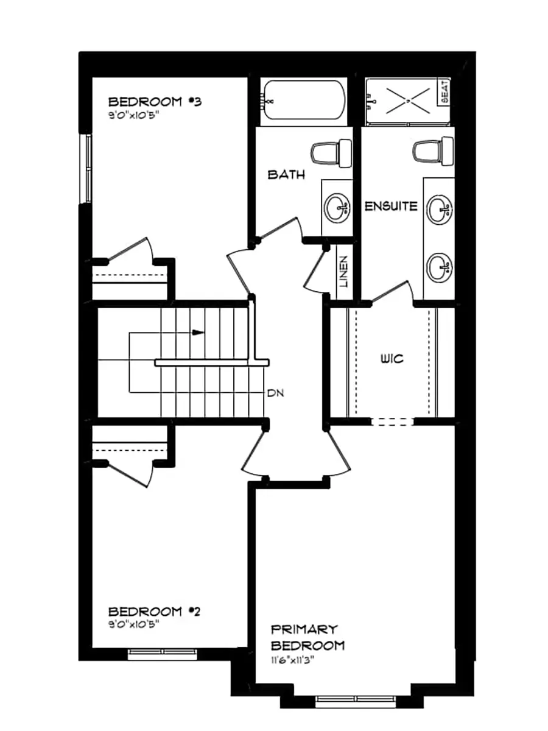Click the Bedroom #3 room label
[x=155, y=102]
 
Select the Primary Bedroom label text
[x=307, y=637]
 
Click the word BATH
[x=286, y=175]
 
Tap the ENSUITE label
[x=391, y=207]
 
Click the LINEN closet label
[x=344, y=272]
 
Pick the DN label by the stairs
[x=274, y=392]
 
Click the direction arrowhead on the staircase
[x=198, y=333]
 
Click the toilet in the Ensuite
[x=433, y=151]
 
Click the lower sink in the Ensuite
[x=440, y=266]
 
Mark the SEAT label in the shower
[x=444, y=92]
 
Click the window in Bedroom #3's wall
[x=87, y=168]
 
